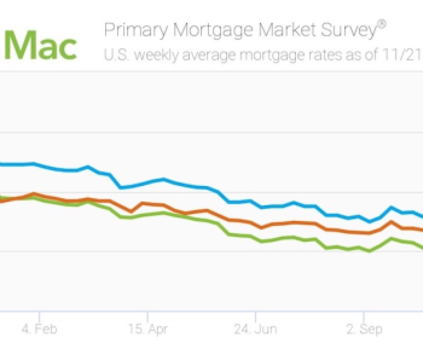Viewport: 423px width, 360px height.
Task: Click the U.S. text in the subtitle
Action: click(x=116, y=55)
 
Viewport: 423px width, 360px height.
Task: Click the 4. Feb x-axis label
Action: click(x=39, y=329)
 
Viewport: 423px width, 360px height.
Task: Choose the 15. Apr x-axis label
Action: click(x=147, y=329)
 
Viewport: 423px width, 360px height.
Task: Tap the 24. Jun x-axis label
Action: click(x=255, y=329)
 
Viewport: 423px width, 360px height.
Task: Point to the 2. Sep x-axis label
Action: click(x=364, y=329)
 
